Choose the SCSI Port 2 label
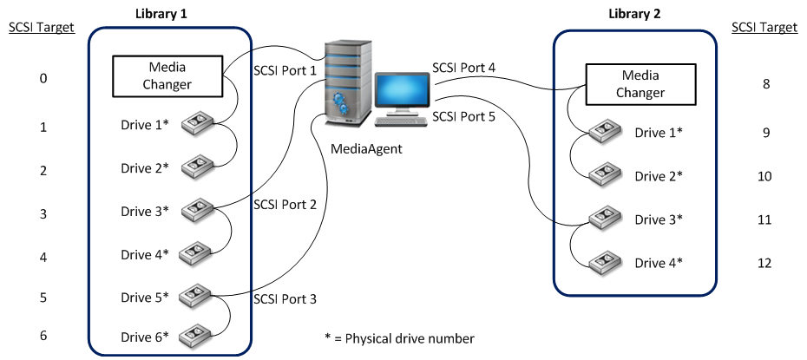coord(285,205)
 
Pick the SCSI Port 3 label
coord(285,299)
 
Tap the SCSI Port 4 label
coord(463,68)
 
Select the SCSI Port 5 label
coord(463,115)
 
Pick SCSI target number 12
coord(764,263)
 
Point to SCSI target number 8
coord(764,84)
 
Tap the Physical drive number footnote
coord(398,337)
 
